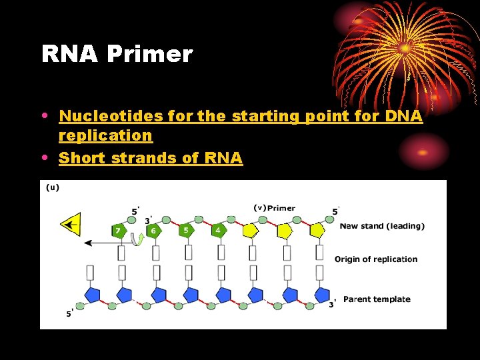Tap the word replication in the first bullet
tap(105, 135)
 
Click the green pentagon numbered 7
tap(119, 231)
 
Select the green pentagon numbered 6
tap(153, 231)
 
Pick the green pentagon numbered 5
tap(186, 231)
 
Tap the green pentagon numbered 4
tap(218, 231)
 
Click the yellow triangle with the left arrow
tap(70, 225)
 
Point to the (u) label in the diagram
tap(53, 187)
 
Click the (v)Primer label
tap(274, 208)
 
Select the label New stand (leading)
tap(381, 226)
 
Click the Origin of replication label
tap(376, 259)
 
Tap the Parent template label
tap(377, 299)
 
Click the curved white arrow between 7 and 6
tap(137, 239)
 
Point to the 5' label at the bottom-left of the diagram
tap(69, 313)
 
